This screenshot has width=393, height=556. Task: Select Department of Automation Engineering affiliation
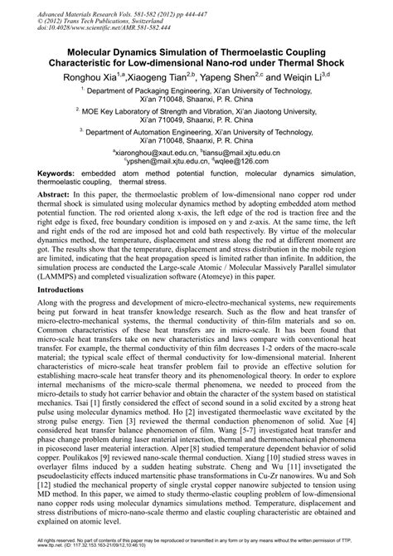coord(197,130)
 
